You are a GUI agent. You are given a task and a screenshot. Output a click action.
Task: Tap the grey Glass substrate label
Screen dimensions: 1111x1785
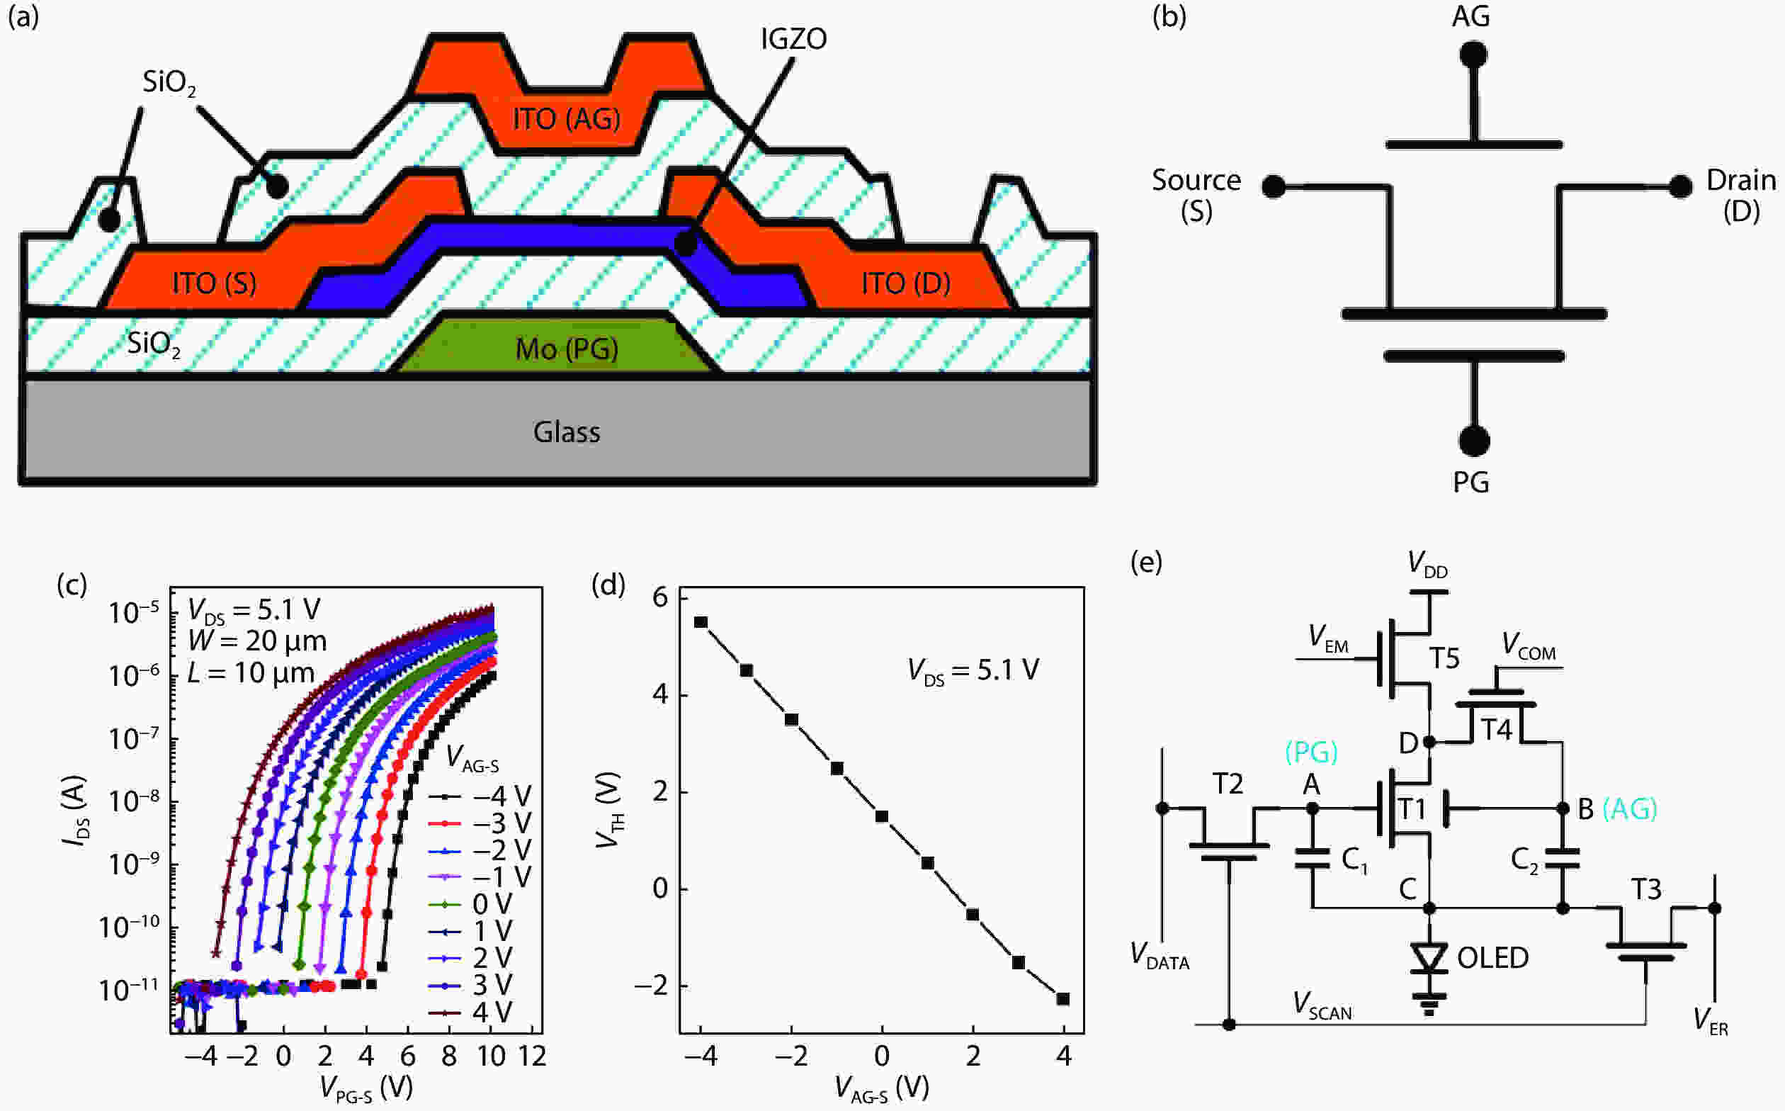pyautogui.click(x=567, y=432)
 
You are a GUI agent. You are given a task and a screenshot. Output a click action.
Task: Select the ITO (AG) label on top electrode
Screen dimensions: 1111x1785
pyautogui.click(x=566, y=119)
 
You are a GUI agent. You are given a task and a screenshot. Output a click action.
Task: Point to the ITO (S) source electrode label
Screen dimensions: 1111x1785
pyautogui.click(x=214, y=283)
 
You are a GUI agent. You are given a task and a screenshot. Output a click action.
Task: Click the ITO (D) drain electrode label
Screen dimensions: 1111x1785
pyautogui.click(x=905, y=283)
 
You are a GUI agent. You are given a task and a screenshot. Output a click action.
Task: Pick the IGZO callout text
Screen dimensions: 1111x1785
pyautogui.click(x=793, y=39)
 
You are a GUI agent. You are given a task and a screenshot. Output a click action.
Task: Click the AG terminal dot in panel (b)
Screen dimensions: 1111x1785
pyautogui.click(x=1473, y=55)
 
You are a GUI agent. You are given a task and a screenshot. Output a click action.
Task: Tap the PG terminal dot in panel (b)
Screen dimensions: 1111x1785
pyautogui.click(x=1473, y=441)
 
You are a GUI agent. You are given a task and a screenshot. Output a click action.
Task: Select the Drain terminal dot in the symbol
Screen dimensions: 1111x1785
pyautogui.click(x=1680, y=186)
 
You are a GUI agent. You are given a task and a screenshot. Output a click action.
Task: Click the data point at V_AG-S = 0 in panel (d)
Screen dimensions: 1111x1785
pyautogui.click(x=881, y=816)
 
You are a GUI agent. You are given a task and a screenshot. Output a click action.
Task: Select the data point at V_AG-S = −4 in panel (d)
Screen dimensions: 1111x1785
pyautogui.click(x=701, y=622)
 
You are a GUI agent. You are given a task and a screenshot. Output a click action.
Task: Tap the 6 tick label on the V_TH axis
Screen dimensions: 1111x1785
pyautogui.click(x=660, y=597)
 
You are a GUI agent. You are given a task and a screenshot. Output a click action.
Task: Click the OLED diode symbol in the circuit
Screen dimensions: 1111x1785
pyautogui.click(x=1429, y=957)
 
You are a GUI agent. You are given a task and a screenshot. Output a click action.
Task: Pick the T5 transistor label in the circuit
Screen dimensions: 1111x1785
pyautogui.click(x=1444, y=658)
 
